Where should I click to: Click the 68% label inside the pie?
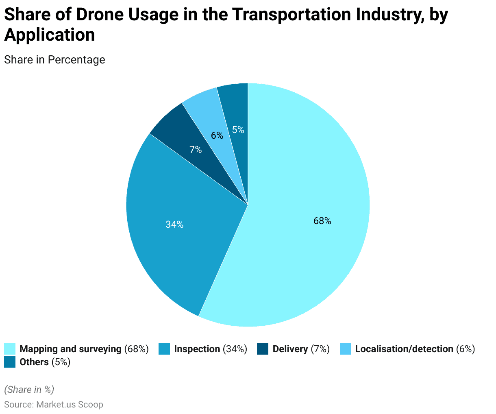[x=322, y=221]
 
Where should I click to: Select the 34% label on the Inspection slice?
[x=174, y=224]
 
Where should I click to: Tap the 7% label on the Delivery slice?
[x=196, y=150]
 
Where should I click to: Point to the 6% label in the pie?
[x=217, y=135]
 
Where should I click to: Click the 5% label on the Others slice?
[x=238, y=130]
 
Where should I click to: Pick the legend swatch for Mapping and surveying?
[x=10, y=349]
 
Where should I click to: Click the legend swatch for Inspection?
[x=164, y=349]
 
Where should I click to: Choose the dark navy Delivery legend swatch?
[x=263, y=349]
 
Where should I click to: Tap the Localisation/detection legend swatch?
[x=345, y=349]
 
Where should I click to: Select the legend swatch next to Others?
[x=10, y=362]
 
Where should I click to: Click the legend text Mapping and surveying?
[x=70, y=349]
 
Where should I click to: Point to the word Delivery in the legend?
[x=290, y=349]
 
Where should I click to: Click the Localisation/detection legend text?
[x=404, y=349]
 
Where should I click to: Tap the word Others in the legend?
[x=34, y=362]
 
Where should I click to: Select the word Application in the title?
[x=50, y=35]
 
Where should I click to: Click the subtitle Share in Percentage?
[x=54, y=60]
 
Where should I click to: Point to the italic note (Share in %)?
[x=29, y=390]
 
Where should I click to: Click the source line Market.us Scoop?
[x=54, y=405]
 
